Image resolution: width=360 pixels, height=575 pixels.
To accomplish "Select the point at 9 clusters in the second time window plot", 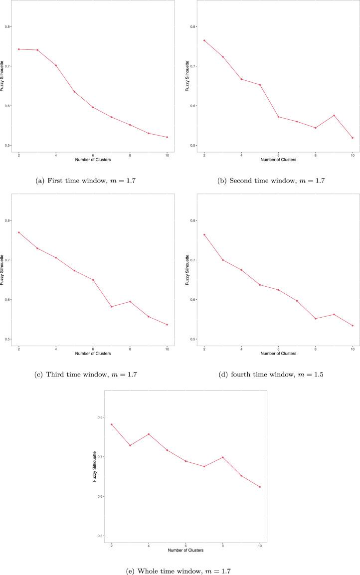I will [334, 115].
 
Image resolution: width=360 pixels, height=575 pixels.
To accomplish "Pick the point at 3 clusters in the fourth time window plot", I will [223, 260].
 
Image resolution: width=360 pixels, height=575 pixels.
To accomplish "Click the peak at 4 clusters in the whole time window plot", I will [148, 434].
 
